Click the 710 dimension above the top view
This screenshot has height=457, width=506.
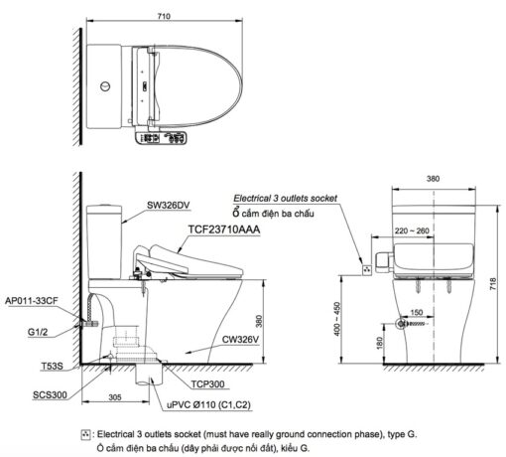coord(164,16)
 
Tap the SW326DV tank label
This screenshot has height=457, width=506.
coord(169,206)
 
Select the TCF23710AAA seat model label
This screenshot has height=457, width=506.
coord(224,229)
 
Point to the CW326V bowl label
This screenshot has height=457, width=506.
coord(240,340)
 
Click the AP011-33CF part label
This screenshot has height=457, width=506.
coord(32,301)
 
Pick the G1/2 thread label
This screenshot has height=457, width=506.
coord(38,332)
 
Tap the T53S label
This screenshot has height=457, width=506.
coord(52,366)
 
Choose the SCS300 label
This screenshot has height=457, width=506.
coord(50,394)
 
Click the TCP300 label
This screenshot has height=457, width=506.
coord(207,384)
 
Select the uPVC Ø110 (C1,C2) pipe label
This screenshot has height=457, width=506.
coord(208,404)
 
